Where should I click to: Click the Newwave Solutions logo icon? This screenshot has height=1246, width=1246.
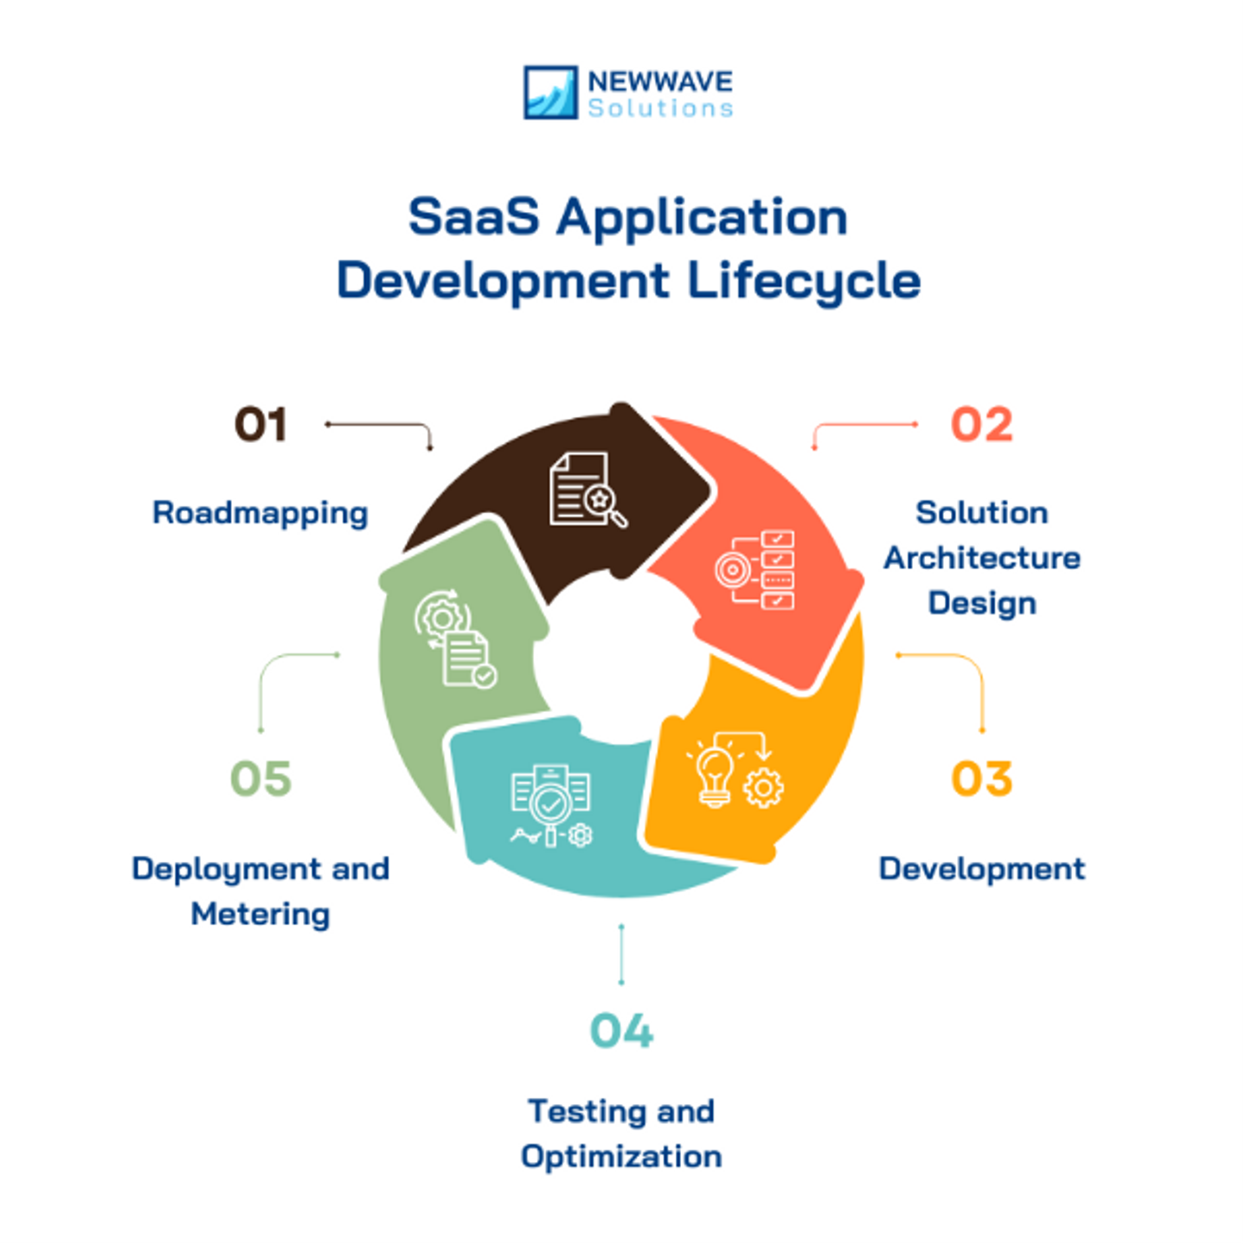click(550, 92)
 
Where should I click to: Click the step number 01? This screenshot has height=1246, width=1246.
click(260, 425)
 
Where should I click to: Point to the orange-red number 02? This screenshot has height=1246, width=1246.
click(981, 425)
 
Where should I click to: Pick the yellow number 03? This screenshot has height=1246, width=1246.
click(981, 779)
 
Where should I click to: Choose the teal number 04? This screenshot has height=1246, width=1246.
click(621, 1031)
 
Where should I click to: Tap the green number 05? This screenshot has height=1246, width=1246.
click(260, 779)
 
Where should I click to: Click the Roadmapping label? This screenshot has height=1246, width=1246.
click(260, 512)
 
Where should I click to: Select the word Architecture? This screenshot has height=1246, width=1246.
click(982, 558)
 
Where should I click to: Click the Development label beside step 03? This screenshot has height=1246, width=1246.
click(982, 869)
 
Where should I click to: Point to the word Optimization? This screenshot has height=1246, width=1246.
click(621, 1156)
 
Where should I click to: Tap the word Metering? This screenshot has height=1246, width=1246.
click(260, 914)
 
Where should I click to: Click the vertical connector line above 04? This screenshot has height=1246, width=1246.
click(621, 954)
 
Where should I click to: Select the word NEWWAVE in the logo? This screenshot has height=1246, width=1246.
click(660, 81)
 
